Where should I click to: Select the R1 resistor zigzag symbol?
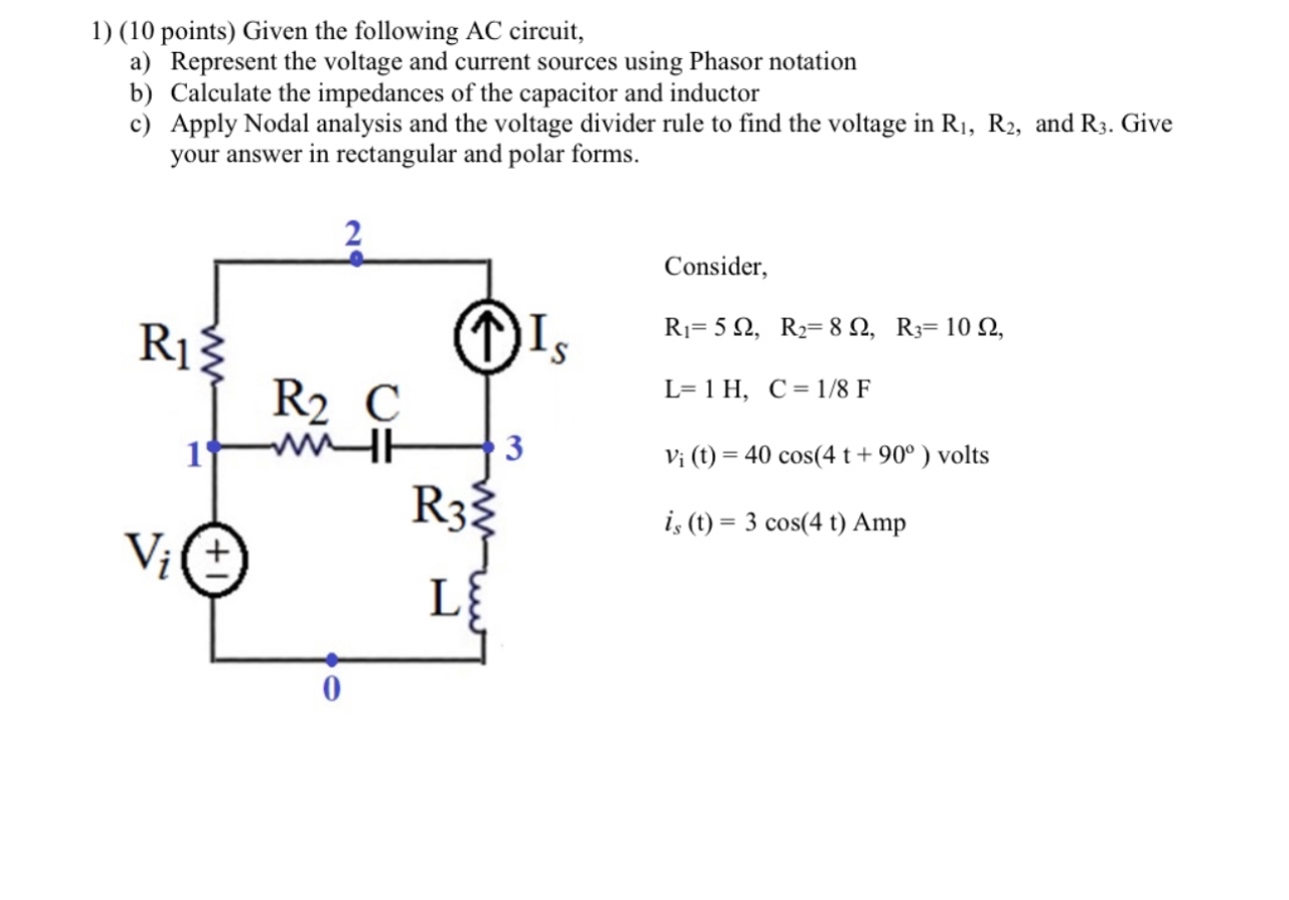click(213, 352)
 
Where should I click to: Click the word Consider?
click(715, 267)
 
